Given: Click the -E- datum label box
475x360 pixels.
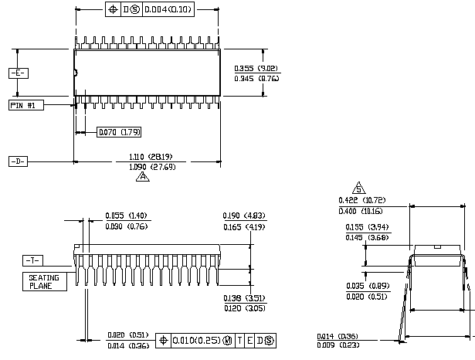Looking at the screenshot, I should [18, 73].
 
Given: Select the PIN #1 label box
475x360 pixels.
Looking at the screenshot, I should [26, 104].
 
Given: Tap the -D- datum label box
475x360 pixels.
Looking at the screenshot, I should [18, 161].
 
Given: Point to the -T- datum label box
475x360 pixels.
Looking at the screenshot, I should [33, 260].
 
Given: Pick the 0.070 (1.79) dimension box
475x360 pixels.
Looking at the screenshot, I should [119, 132].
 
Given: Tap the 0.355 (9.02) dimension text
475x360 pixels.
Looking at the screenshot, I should [256, 68].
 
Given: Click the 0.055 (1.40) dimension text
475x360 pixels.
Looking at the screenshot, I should [126, 216].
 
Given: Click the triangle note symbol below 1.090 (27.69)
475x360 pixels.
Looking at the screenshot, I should [142, 177].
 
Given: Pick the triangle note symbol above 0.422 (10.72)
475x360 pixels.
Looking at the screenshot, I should [358, 188].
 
